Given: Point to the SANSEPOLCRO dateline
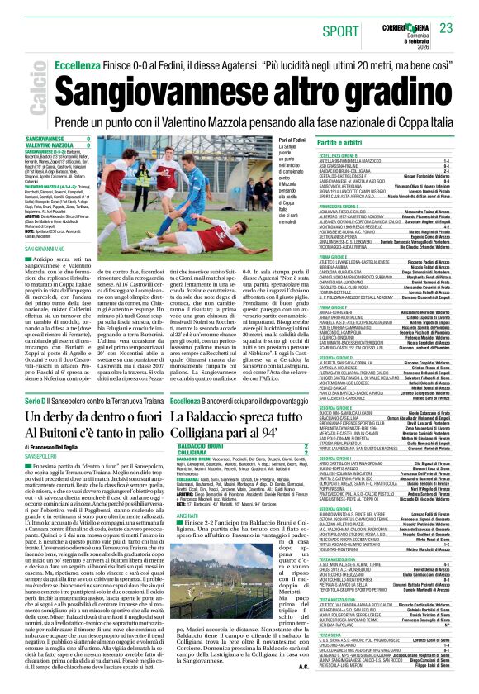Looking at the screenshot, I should [41, 455].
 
